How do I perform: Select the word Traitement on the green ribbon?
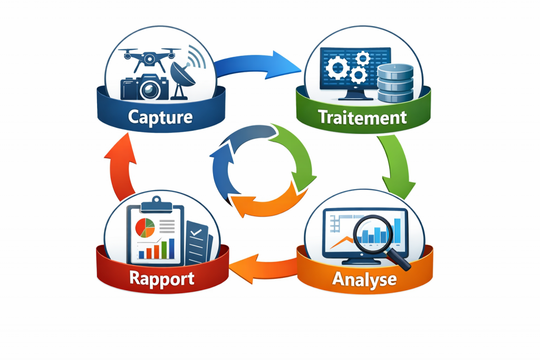[363, 116]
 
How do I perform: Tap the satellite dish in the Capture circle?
[182, 76]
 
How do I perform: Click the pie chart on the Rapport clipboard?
[145, 227]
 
